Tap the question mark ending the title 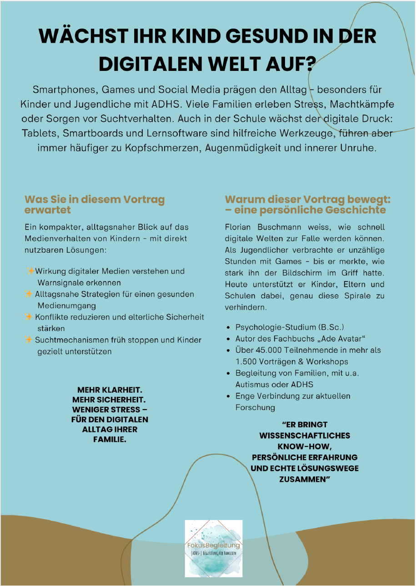[310, 63]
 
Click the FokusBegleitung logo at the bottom [214, 548]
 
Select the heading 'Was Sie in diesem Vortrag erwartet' [95, 204]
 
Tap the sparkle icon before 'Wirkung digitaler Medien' [30, 271]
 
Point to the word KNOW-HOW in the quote [305, 446]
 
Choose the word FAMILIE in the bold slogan [109, 440]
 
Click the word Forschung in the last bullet [255, 407]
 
